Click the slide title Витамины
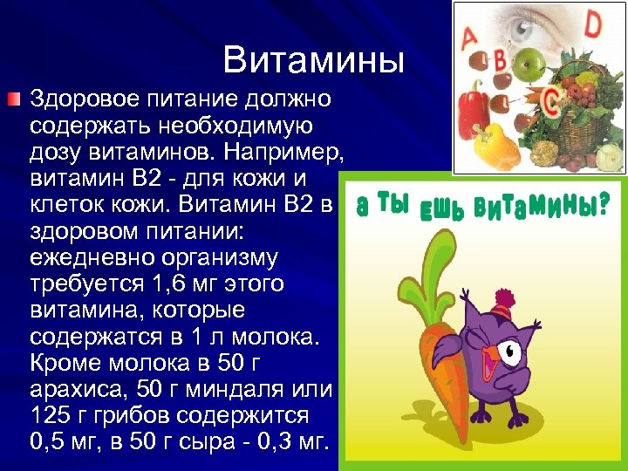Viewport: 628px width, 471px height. coord(314,60)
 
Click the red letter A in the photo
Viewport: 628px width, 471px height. coord(468,38)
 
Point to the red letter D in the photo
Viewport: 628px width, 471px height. coord(592,25)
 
